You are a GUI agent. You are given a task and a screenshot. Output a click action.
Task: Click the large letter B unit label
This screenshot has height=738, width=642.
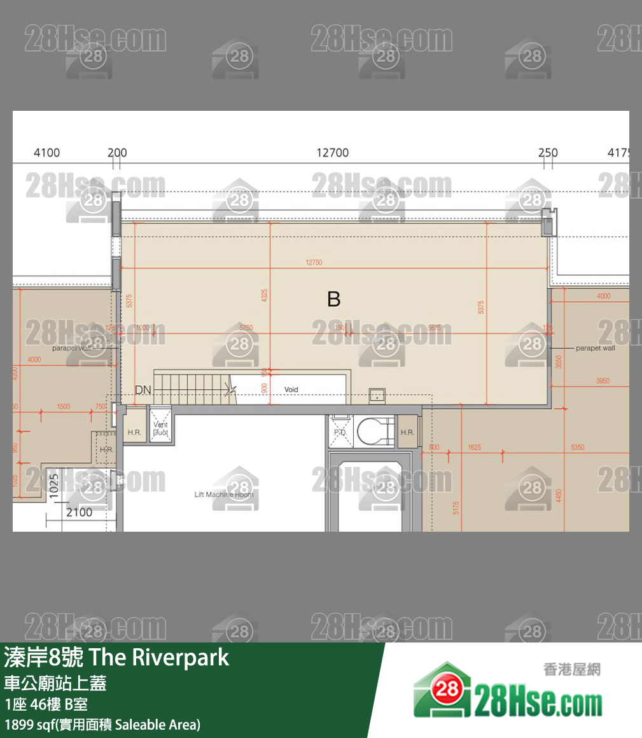[333, 299]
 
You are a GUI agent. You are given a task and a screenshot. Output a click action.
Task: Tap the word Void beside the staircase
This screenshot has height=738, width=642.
[291, 390]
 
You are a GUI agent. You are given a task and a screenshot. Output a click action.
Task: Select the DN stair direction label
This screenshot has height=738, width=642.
[143, 390]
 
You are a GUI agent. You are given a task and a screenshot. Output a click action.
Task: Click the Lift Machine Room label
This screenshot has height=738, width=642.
[223, 494]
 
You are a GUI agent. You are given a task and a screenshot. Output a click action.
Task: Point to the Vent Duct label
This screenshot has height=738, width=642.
[160, 429]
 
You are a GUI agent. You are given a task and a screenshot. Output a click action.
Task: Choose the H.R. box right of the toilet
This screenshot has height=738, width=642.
[407, 432]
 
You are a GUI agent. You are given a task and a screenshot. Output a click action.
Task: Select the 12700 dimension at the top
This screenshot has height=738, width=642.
[332, 153]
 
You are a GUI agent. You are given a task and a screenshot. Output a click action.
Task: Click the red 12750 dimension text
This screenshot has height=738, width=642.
[314, 262]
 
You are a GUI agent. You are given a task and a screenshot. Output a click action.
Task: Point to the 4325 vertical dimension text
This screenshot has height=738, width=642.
[264, 295]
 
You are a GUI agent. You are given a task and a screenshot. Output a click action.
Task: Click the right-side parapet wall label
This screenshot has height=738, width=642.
[595, 348]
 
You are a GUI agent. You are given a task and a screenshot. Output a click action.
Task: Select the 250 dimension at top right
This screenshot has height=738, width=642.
[547, 153]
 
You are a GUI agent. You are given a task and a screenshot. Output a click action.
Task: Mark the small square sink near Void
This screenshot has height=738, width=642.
[377, 395]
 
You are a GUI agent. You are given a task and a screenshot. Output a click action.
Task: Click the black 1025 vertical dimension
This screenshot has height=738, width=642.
[53, 486]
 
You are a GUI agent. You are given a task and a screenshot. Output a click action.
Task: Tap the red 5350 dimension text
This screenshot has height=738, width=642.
[577, 448]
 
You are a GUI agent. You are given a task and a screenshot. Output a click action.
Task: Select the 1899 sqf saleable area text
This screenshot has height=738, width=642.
[102, 725]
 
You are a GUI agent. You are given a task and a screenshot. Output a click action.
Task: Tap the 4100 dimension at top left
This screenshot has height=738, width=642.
[46, 153]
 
